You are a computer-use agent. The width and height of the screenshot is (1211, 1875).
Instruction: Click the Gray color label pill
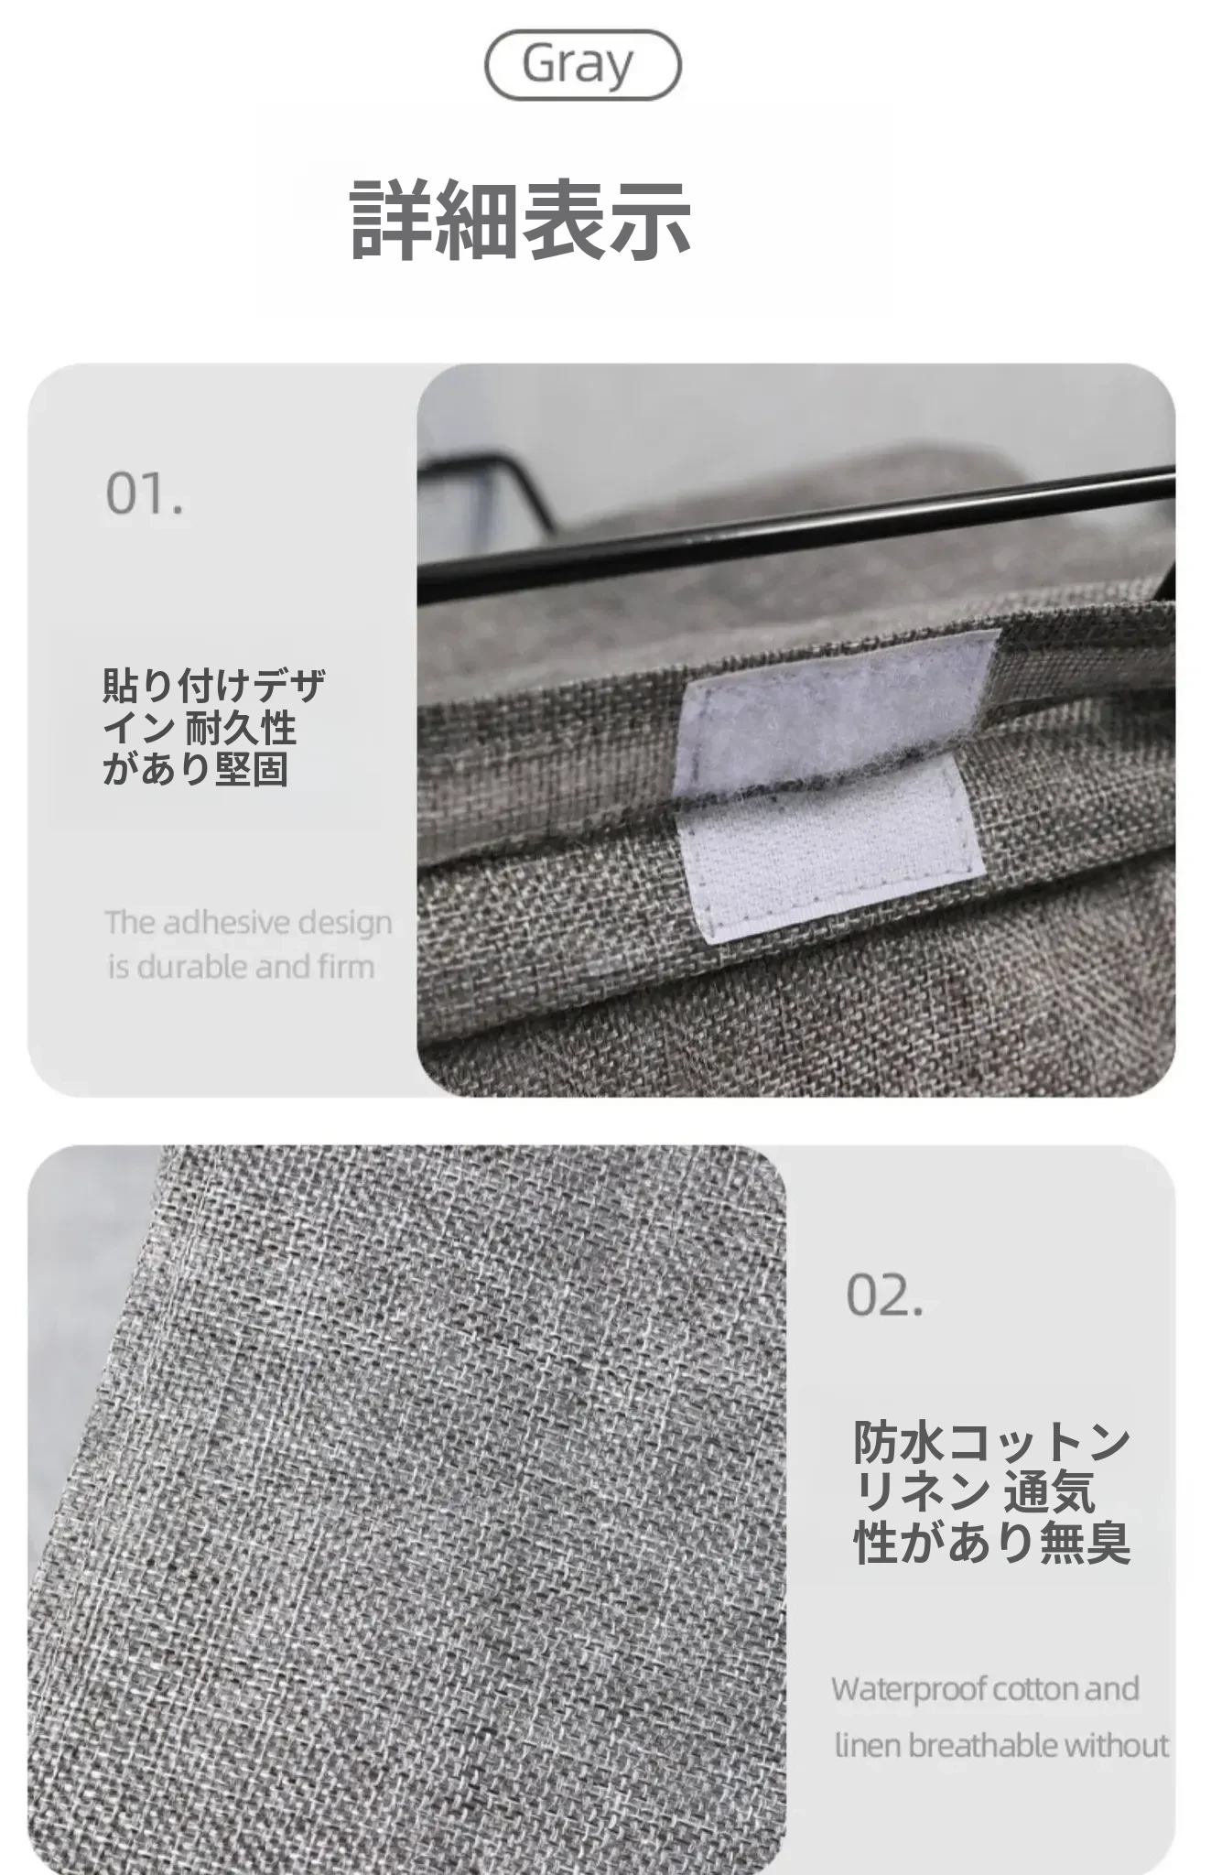tap(582, 65)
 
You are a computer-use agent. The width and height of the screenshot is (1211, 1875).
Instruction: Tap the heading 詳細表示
tap(520, 219)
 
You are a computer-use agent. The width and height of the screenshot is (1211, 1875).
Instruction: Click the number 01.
tap(145, 494)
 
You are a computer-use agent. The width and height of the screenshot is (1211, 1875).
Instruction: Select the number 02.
tap(884, 1295)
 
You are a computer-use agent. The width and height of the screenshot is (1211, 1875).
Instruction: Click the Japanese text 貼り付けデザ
tap(214, 686)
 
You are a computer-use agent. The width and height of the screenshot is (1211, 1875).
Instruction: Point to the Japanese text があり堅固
tap(196, 769)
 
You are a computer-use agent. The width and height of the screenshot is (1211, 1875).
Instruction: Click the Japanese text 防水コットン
tap(992, 1443)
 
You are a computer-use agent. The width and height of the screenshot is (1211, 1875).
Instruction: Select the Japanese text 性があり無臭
tap(992, 1542)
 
